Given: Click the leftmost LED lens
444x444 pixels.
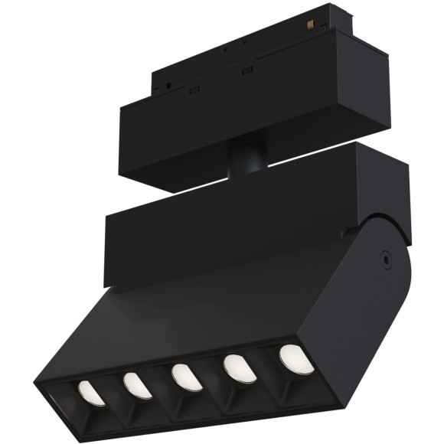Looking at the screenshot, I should [x=91, y=393].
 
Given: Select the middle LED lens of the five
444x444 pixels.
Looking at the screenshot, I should [x=186, y=376].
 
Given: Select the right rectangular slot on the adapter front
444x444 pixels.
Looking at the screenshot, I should [x=246, y=72].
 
